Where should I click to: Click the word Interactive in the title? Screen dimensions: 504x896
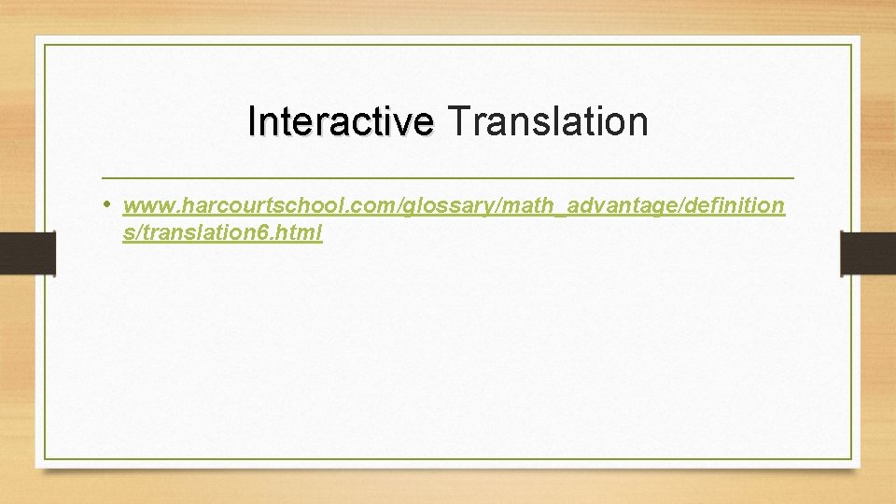pos(341,121)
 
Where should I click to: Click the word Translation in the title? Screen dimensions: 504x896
pos(548,121)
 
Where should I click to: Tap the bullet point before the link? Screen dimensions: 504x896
pos(108,203)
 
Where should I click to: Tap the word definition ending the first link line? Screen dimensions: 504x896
pos(728,205)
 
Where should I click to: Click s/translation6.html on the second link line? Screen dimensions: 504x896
pos(222,233)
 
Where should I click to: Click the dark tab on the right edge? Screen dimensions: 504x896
pos(868,254)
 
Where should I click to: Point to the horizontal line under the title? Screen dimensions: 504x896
pos(448,177)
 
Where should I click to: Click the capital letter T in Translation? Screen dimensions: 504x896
pos(456,121)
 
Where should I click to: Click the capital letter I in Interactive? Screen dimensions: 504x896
pos(252,121)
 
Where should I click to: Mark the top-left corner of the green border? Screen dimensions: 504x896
pos(45,45)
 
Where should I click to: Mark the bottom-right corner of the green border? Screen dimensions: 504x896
pos(851,458)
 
